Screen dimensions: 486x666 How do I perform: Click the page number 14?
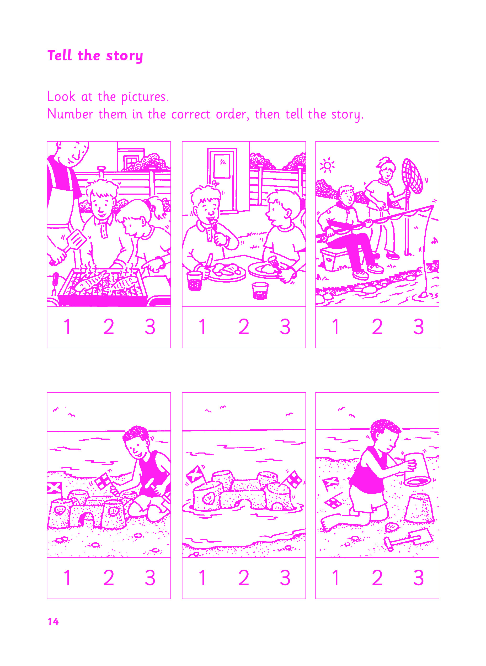(53, 622)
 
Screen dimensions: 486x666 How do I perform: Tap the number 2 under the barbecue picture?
(109, 327)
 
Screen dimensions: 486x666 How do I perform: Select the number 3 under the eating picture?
(285, 327)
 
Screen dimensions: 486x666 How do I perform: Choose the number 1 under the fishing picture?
(336, 327)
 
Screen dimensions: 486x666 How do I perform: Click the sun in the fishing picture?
(327, 165)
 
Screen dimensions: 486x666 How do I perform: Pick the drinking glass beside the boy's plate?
(194, 281)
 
